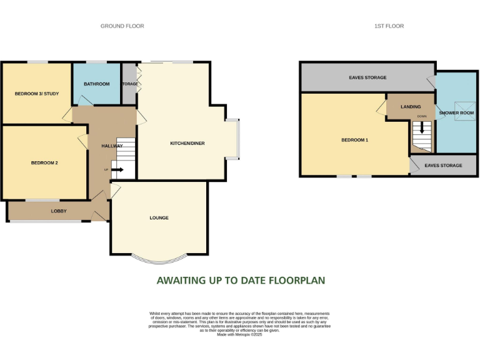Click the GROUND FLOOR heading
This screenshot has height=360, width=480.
(122, 26)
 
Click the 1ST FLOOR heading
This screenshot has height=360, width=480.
(389, 26)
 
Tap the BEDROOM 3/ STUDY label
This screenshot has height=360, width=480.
(36, 94)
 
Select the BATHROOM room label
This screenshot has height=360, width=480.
(97, 84)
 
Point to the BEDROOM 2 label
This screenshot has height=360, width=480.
(44, 163)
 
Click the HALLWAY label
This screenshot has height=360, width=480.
(112, 146)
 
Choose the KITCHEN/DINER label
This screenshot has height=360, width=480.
(187, 143)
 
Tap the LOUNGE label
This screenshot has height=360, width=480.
(159, 217)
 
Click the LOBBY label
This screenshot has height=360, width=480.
(59, 211)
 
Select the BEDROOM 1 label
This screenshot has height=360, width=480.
(354, 140)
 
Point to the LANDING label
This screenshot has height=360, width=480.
(411, 107)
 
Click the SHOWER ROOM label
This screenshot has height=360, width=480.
(456, 112)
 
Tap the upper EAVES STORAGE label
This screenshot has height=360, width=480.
(367, 77)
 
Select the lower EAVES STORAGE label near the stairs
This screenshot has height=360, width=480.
(443, 166)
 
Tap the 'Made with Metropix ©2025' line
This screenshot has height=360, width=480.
(239, 335)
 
